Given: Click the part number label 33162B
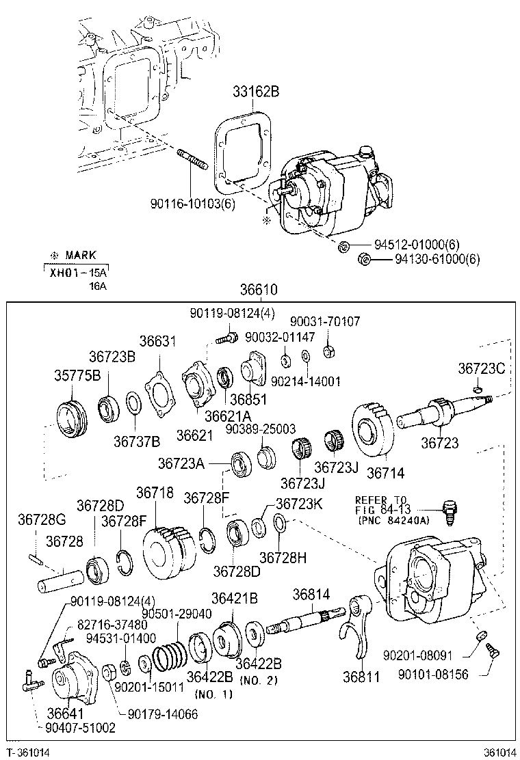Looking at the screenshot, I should (x=251, y=92).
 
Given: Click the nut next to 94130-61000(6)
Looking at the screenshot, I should (x=365, y=259).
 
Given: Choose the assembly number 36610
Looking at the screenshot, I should (x=259, y=290).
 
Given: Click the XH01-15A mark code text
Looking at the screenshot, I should (x=79, y=272).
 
